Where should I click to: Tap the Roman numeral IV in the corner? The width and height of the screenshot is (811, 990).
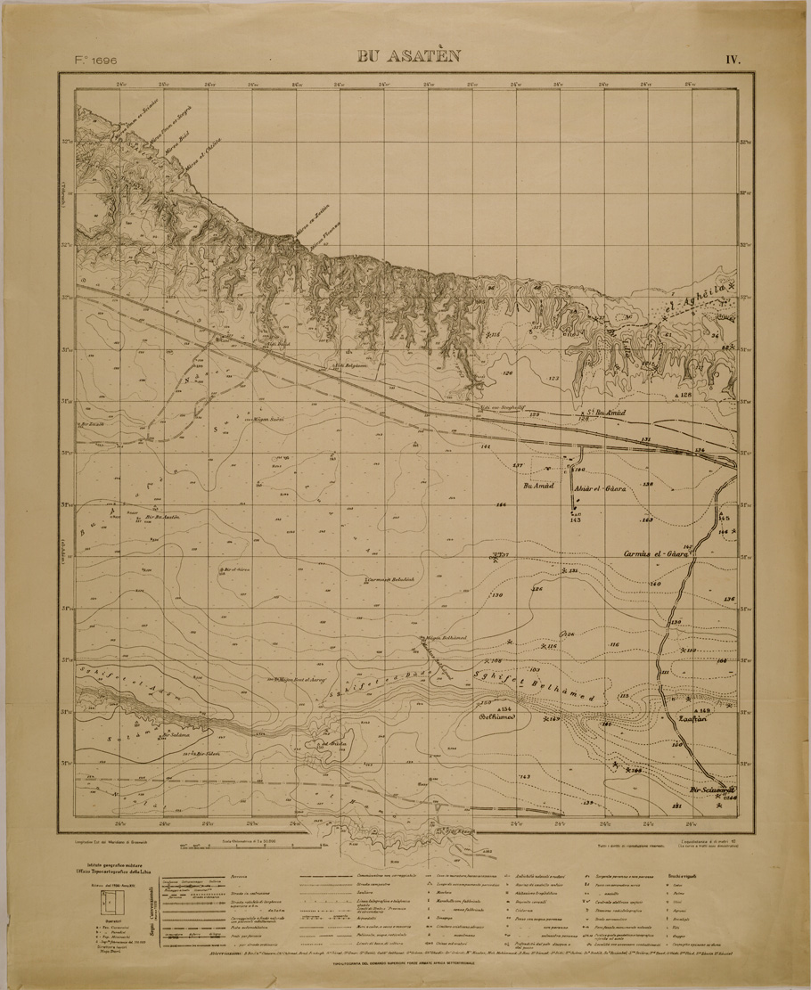pos(733,60)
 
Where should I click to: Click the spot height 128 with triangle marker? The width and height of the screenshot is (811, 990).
pos(684,394)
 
